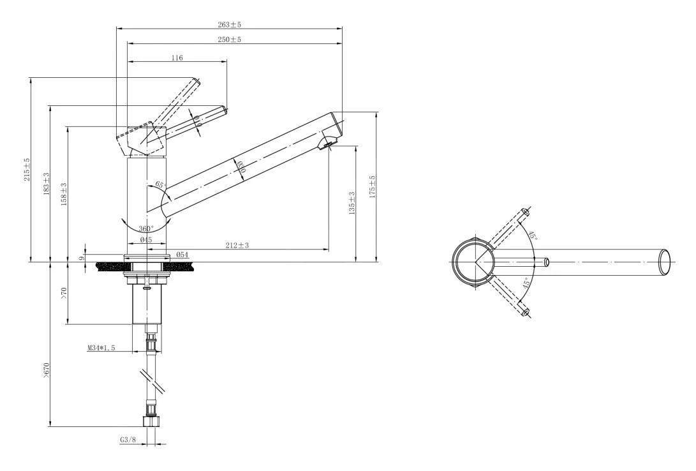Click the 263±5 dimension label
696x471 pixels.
[230, 24]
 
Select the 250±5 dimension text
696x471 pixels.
[230, 40]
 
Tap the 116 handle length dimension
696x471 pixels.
[177, 57]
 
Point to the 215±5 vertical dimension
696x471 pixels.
[27, 169]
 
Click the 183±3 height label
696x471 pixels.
[46, 183]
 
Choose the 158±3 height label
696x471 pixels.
[64, 193]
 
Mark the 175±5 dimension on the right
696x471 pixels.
[373, 187]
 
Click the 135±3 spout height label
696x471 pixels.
[352, 203]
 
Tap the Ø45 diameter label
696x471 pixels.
[145, 240]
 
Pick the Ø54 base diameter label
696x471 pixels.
[182, 255]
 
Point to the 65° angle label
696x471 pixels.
[159, 184]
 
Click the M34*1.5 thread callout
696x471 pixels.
[101, 348]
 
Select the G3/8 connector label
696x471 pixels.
[128, 440]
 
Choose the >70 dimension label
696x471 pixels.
[64, 294]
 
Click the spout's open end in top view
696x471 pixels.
[665, 262]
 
